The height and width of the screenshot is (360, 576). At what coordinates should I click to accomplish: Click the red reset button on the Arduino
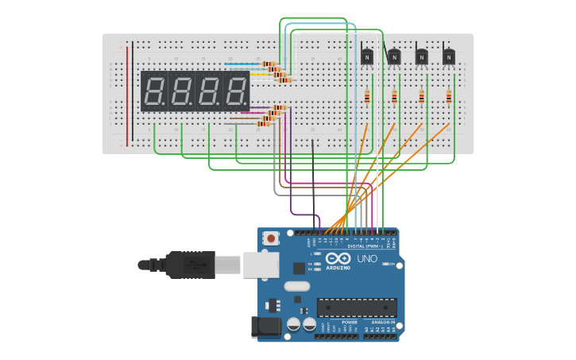(272, 238)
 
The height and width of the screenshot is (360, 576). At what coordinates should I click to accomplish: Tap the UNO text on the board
(367, 259)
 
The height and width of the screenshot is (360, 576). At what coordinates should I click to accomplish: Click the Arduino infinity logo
(337, 259)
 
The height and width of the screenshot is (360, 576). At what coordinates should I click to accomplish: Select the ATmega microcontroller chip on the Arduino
(357, 307)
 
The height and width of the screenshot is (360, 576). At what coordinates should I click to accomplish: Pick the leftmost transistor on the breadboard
(366, 56)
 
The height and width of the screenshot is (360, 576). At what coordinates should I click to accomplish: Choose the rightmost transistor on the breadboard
(449, 56)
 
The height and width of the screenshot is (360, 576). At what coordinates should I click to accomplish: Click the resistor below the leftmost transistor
(366, 97)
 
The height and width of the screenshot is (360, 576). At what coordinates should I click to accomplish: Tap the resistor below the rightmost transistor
(449, 97)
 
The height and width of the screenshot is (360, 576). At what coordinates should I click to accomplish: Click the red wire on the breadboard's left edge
(127, 95)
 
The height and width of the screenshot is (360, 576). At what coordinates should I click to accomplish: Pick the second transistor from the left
(394, 56)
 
